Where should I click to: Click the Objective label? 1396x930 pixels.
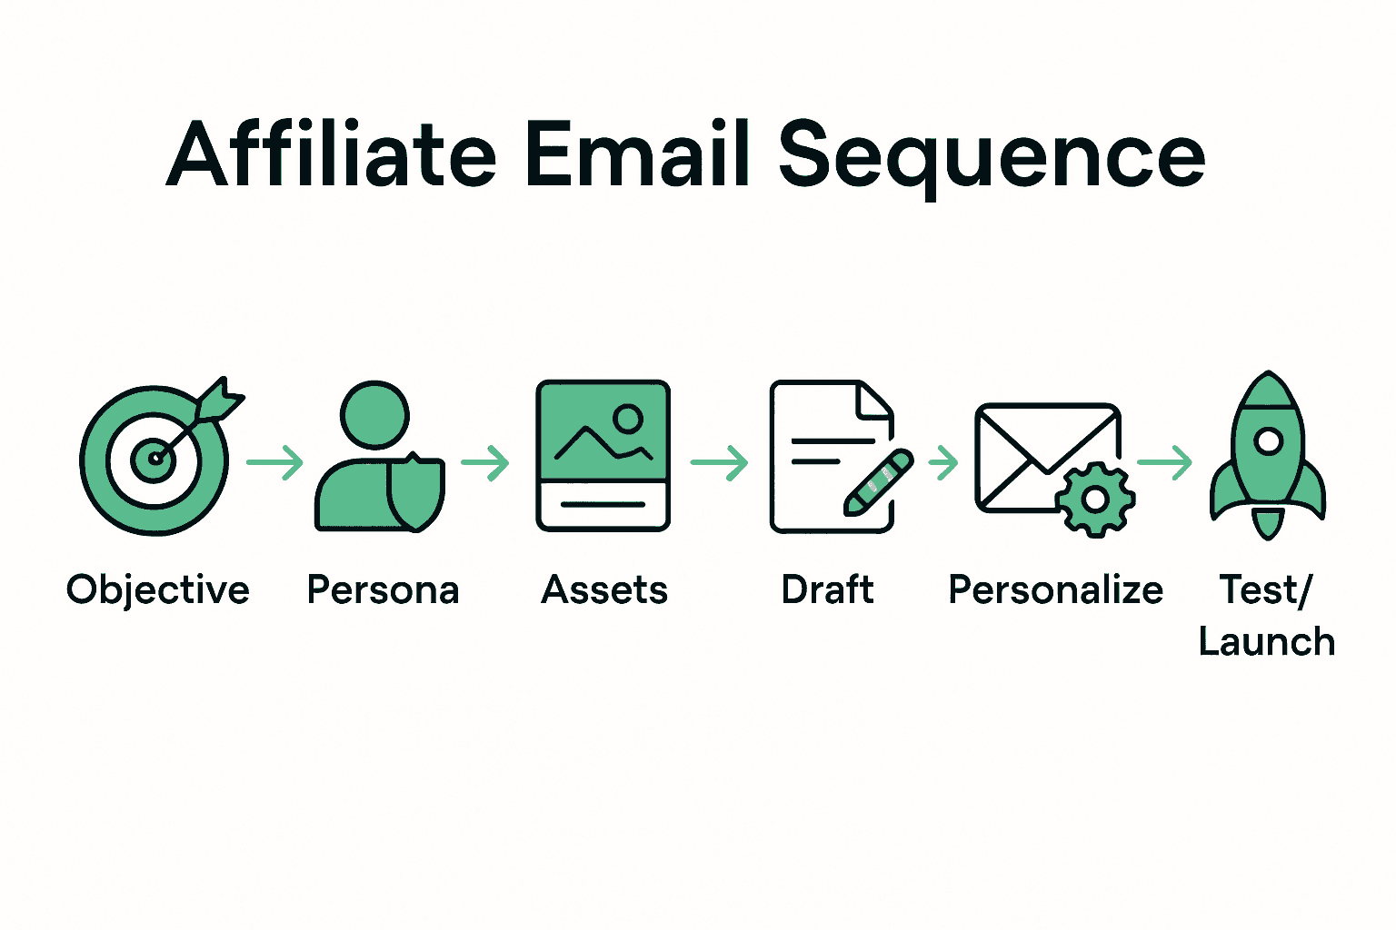158,590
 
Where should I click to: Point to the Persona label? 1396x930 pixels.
383,590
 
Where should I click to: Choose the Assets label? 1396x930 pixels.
604,590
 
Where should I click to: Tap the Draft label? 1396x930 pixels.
827,590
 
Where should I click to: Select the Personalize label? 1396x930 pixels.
1055,590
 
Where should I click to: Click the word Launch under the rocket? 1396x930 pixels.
1267,642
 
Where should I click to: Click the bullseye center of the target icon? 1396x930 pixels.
155,459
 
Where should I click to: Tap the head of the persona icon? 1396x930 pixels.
374,414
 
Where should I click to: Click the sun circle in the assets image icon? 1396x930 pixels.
628,419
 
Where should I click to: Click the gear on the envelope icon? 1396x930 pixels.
1095,500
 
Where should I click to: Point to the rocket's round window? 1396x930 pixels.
1268,441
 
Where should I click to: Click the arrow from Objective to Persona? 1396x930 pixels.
275,463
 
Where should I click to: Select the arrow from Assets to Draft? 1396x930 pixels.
720,463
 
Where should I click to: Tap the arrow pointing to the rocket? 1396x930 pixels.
1164,463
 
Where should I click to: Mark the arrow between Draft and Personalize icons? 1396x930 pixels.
943,463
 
